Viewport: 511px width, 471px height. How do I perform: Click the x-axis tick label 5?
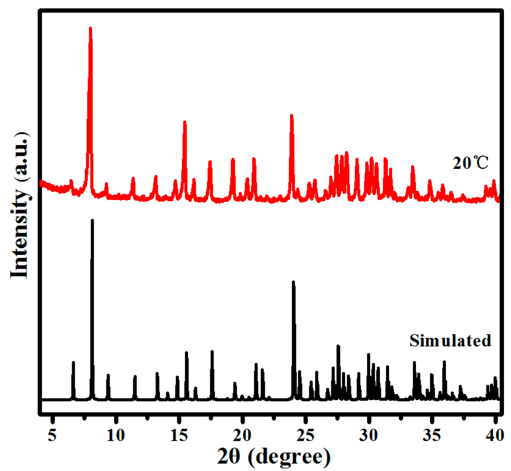coord(52,435)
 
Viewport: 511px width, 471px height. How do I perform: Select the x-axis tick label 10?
coord(116,435)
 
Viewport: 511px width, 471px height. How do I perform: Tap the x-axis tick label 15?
coord(179,435)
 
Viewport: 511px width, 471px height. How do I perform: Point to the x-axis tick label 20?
coord(242,435)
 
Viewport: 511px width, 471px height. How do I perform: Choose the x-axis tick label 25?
coord(305,435)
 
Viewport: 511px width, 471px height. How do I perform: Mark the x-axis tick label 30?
coord(368,435)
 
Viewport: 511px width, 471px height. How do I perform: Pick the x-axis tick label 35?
coord(432,435)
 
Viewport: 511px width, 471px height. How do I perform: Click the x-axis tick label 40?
coord(495,435)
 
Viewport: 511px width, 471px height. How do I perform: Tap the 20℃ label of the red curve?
coord(470,163)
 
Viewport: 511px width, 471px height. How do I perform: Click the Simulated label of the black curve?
coord(450,340)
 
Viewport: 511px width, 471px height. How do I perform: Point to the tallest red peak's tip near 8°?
coord(90,28)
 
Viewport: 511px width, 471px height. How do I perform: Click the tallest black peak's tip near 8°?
coord(92,220)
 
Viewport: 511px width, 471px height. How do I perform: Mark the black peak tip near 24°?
coord(293,282)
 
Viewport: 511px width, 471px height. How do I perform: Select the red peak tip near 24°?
coord(292,115)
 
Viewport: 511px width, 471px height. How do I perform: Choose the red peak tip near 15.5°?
coord(185,122)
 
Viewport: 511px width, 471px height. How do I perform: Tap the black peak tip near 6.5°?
coord(73,362)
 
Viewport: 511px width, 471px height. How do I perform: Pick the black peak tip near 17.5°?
coord(212,352)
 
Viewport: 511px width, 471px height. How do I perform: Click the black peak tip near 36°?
coord(444,362)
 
